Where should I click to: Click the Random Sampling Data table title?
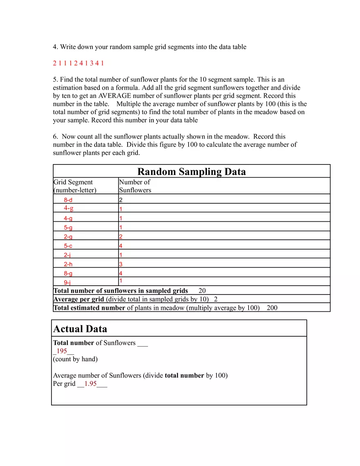click(191, 171)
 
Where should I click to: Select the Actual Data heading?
click(80, 329)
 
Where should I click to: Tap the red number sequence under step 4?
click(78, 63)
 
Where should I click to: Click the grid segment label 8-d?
click(68, 200)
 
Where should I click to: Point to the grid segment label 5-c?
click(68, 246)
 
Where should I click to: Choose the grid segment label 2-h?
click(68, 264)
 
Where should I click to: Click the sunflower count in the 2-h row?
click(121, 264)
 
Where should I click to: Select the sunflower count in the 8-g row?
click(121, 273)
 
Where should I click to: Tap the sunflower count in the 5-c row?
click(121, 246)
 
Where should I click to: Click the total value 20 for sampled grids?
click(202, 291)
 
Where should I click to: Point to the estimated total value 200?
click(272, 308)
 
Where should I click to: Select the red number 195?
click(62, 351)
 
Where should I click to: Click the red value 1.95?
click(90, 384)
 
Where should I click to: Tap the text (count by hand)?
click(75, 359)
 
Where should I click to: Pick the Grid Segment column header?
click(74, 186)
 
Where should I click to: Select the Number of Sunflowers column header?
click(135, 186)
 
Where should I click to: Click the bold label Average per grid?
click(79, 299)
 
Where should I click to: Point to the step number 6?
click(55, 137)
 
